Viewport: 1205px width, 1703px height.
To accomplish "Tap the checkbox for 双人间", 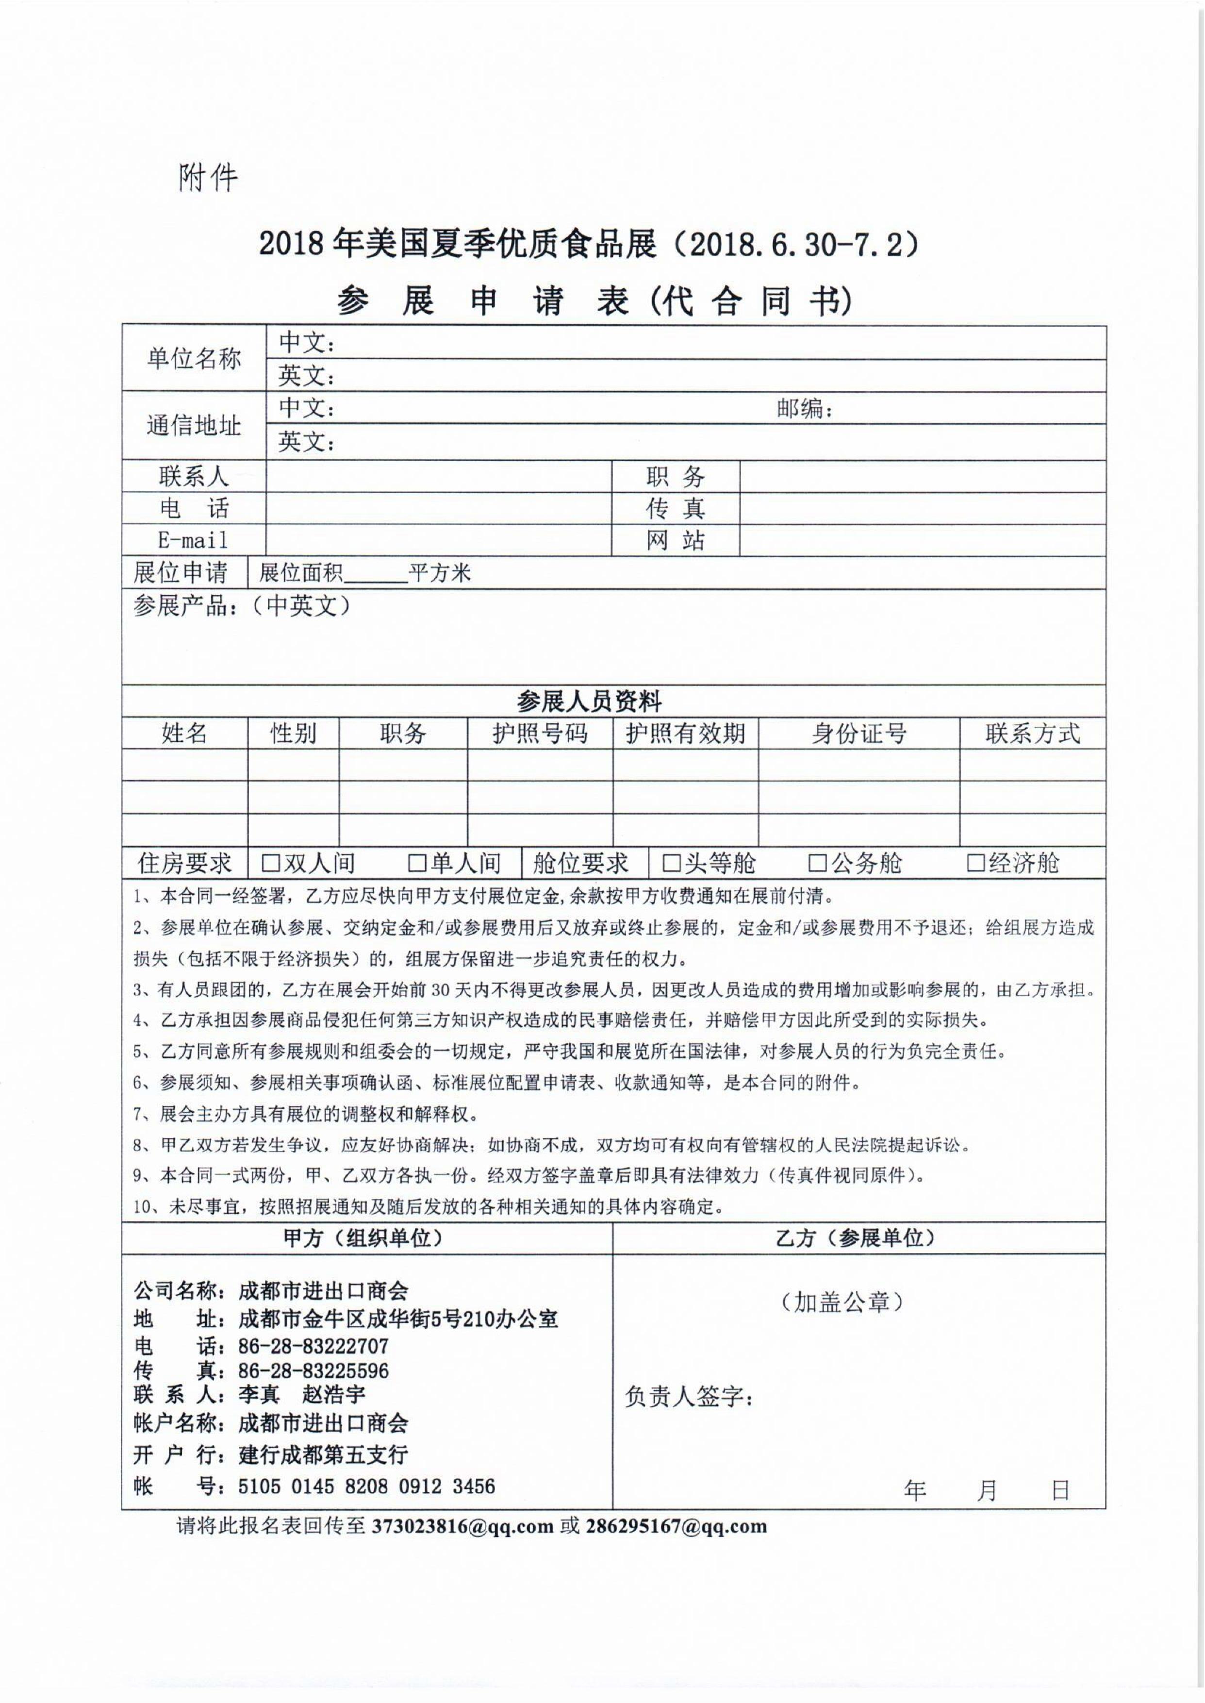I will tap(271, 862).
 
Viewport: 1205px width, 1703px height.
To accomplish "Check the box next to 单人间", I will tap(418, 862).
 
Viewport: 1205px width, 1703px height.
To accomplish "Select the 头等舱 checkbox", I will tap(672, 862).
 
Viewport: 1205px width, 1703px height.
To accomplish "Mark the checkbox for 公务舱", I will tap(818, 862).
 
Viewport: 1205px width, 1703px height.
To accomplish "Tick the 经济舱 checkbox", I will tap(976, 862).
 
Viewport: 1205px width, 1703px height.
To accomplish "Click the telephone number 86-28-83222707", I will tap(313, 1345).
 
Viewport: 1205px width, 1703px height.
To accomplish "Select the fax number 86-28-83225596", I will tap(313, 1370).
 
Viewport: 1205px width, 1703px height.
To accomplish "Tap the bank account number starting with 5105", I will tap(366, 1486).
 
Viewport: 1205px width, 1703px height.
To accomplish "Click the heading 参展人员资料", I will tap(589, 701).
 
